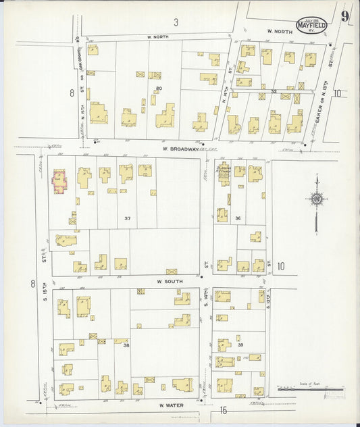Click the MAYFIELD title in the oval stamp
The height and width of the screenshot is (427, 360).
point(311,26)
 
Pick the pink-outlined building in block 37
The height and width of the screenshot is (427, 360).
point(59,181)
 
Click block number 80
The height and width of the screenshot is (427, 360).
point(159,89)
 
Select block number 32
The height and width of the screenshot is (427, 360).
point(274,91)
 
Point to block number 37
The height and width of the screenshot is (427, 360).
point(127,218)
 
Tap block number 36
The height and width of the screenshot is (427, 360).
point(238,218)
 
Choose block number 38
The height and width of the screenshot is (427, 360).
point(126,345)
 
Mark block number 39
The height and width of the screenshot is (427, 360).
point(240,345)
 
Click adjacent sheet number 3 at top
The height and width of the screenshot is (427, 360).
point(176,22)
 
